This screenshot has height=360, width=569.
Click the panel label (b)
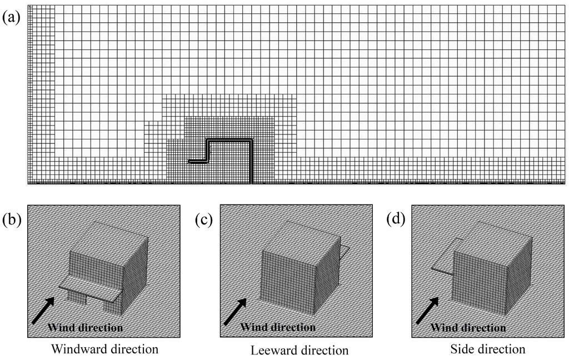12,221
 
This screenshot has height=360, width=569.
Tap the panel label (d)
396,221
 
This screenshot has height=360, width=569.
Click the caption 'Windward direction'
104,349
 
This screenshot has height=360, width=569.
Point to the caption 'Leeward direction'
300,350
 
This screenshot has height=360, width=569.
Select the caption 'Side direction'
487,349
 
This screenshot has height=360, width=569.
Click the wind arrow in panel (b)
43,310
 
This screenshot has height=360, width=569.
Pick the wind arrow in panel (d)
427,310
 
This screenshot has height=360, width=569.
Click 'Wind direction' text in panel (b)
85,327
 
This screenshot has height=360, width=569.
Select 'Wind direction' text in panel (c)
278,327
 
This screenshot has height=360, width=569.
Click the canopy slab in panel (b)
89,287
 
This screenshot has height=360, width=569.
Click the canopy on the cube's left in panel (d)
445,256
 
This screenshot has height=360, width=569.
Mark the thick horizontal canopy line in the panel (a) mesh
198,162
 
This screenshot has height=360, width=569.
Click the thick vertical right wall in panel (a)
251,161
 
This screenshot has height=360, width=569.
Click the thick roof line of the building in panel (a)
229,140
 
